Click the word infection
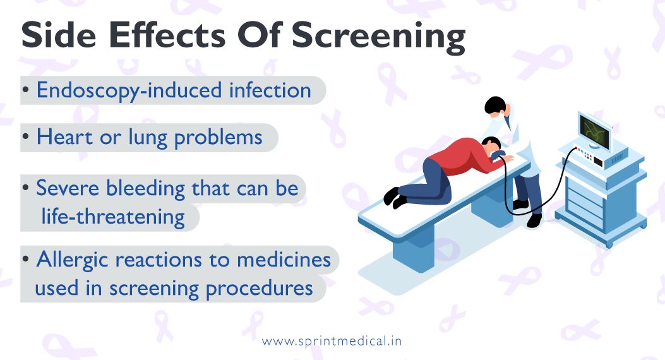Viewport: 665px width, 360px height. [x=270, y=90]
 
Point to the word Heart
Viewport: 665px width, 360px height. [x=63, y=138]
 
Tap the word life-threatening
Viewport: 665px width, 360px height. [x=113, y=217]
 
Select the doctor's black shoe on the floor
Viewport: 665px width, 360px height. [x=534, y=220]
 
